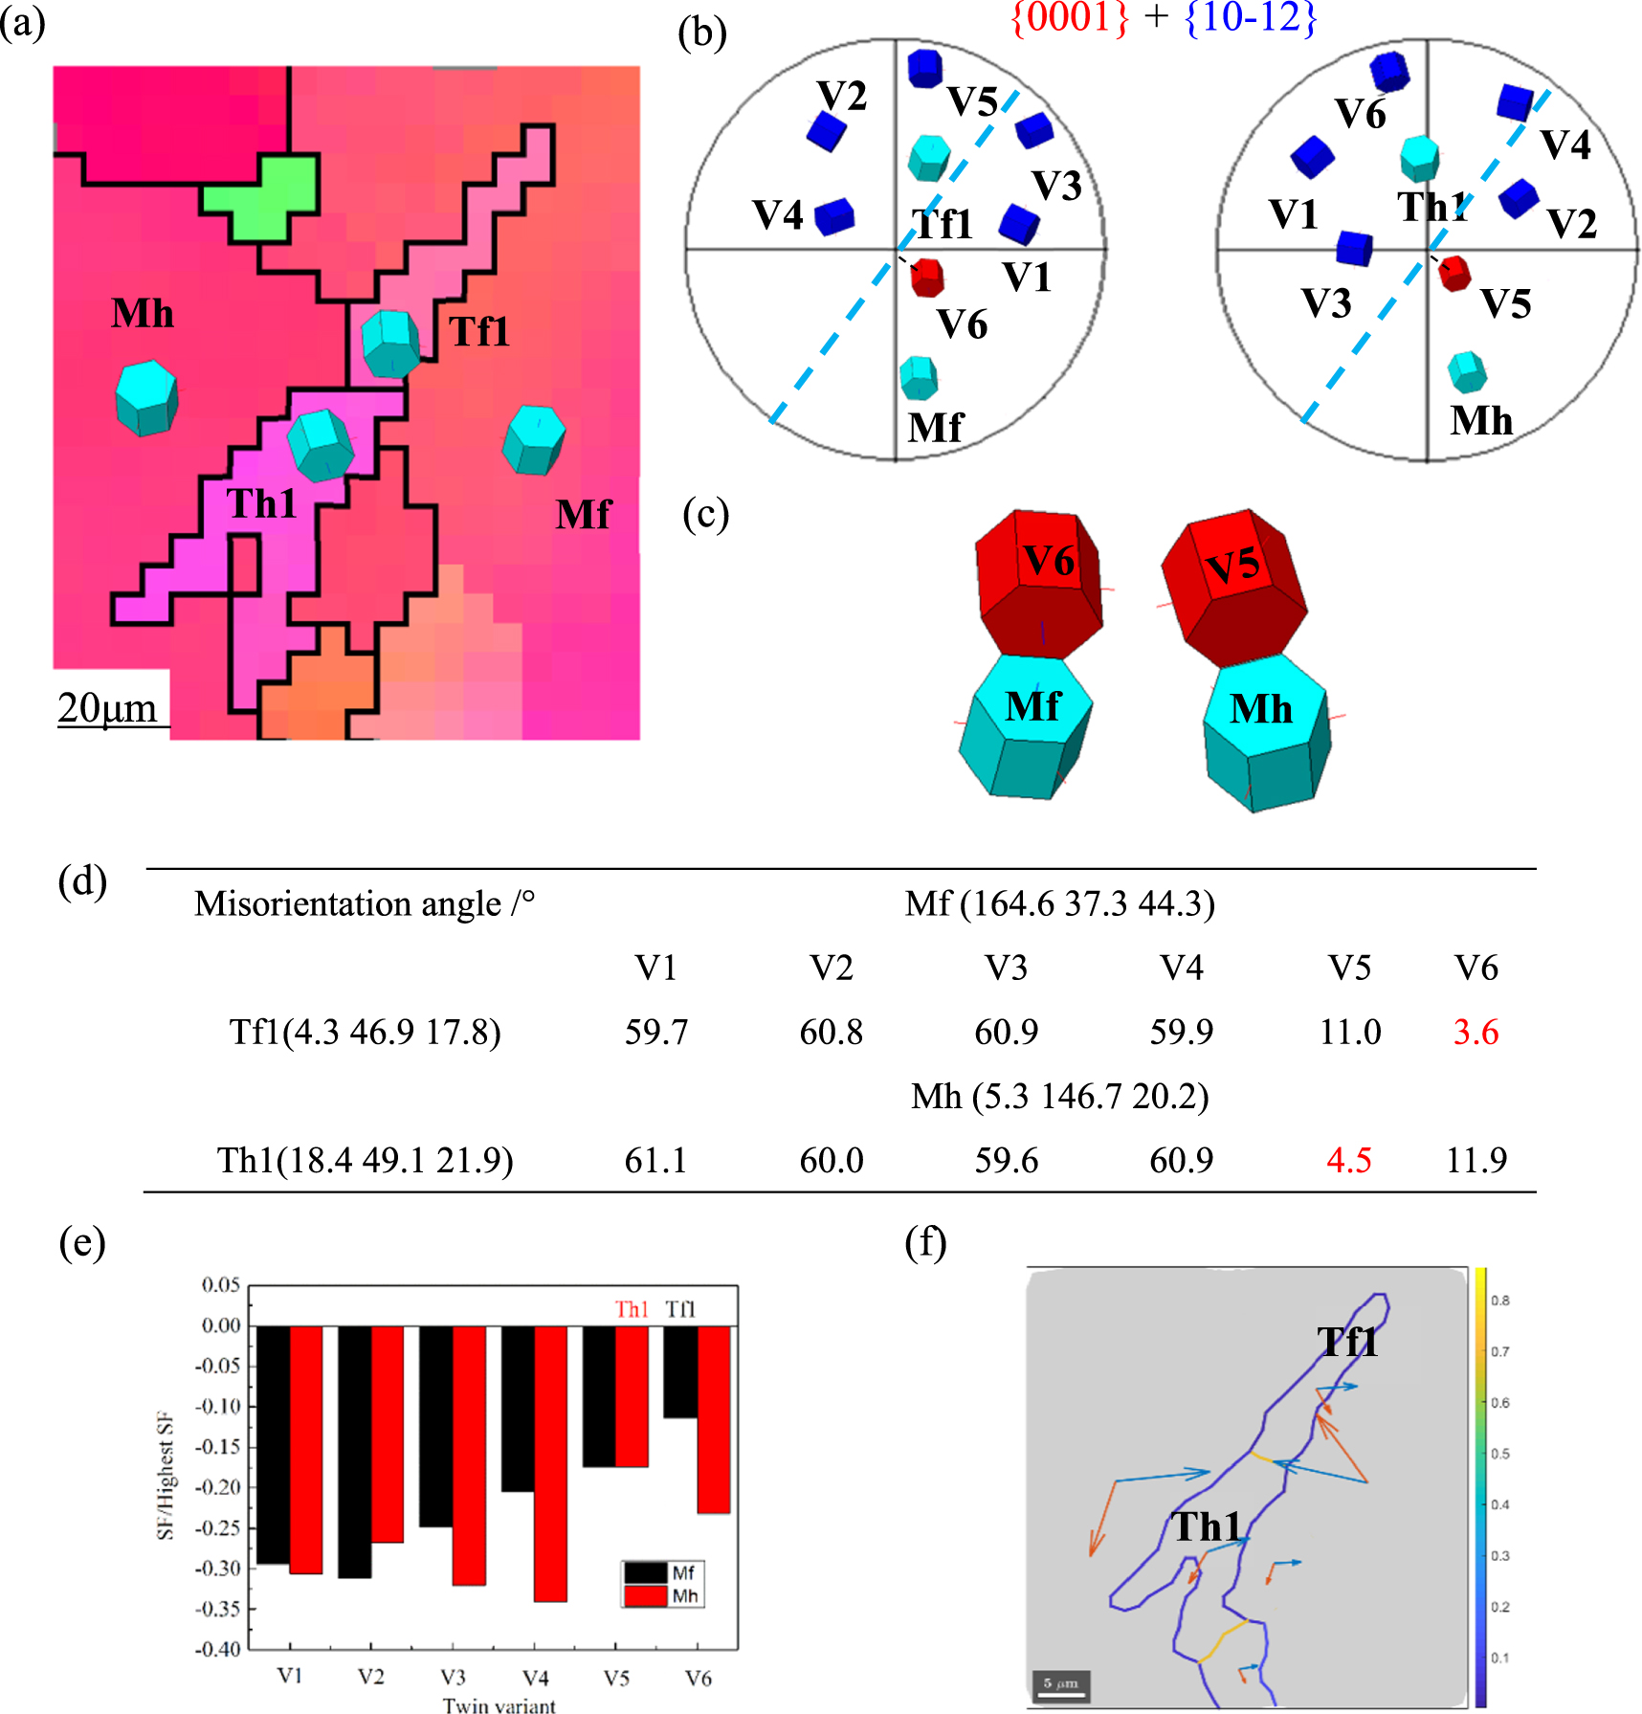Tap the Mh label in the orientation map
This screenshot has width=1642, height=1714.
point(143,314)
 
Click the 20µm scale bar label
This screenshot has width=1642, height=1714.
point(107,708)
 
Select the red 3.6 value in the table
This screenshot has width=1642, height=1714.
point(1476,1033)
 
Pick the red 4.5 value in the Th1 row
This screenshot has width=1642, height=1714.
point(1349,1161)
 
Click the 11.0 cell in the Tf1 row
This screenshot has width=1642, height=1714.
point(1350,1033)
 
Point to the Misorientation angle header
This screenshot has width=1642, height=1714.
point(365,904)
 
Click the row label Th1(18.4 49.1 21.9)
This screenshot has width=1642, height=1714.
point(366,1161)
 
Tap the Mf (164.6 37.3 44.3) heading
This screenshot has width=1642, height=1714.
point(1059,904)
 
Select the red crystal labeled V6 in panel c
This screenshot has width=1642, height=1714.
point(1039,584)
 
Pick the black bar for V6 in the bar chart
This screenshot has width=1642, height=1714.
point(680,1371)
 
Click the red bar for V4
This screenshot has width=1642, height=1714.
point(550,1463)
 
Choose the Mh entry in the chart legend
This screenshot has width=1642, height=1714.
point(684,1596)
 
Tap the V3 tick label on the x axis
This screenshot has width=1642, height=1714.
point(453,1678)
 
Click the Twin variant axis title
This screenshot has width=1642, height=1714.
point(499,1704)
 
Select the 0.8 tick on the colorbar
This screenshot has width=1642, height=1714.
point(1499,1301)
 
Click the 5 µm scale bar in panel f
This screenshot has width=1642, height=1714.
point(1061,1684)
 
